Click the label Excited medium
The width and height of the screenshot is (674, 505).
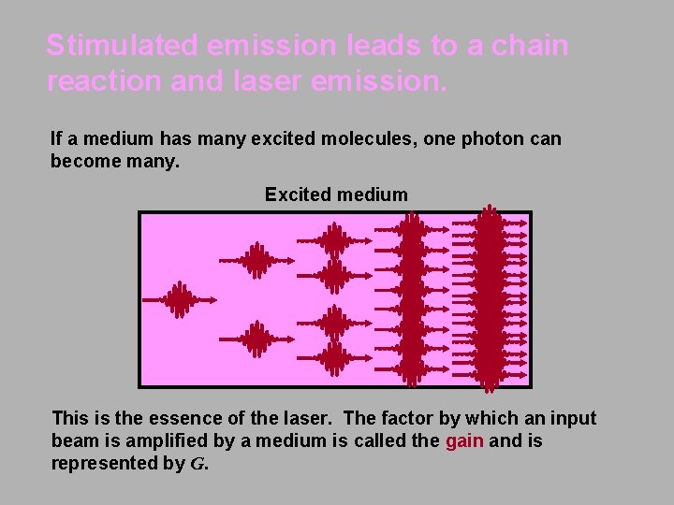click(x=336, y=195)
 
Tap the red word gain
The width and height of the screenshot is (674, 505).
click(x=464, y=440)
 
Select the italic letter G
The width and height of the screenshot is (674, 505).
click(x=197, y=464)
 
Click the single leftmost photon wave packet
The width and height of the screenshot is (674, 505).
click(x=178, y=299)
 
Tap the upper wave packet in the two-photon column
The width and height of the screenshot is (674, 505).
click(x=256, y=260)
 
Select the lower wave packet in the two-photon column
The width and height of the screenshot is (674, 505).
click(x=256, y=339)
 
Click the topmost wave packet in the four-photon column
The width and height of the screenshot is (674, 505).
click(x=334, y=239)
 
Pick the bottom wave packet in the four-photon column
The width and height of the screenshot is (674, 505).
click(x=334, y=357)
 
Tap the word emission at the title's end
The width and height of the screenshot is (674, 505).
click(x=383, y=81)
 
